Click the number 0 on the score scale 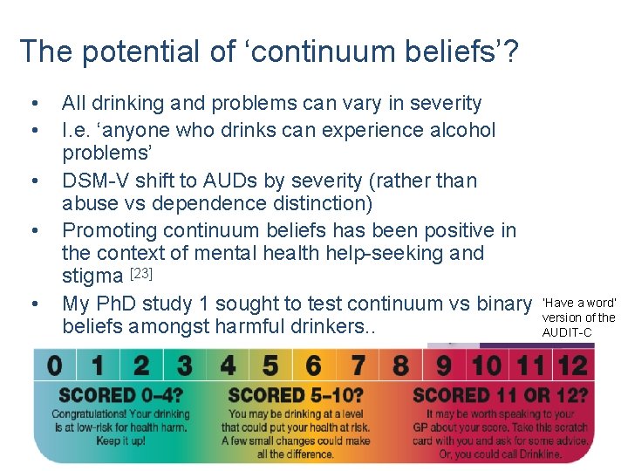pyautogui.click(x=56, y=365)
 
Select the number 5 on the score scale pyautogui.click(x=270, y=365)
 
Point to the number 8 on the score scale pyautogui.click(x=400, y=365)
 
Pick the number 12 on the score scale pyautogui.click(x=572, y=365)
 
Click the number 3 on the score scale pyautogui.click(x=184, y=365)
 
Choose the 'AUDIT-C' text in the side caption pyautogui.click(x=567, y=332)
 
